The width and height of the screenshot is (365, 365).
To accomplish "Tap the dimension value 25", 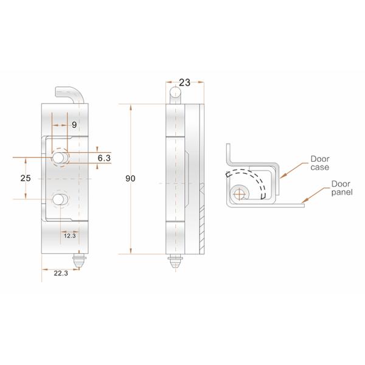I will [25, 178].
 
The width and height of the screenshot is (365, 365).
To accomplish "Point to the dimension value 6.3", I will [104, 158].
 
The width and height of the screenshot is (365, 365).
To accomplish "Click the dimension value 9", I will [74, 125].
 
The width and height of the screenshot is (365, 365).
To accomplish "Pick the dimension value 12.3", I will [69, 235].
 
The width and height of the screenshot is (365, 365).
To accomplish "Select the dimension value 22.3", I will [60, 274].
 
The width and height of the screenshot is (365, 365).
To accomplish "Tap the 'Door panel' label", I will [341, 187].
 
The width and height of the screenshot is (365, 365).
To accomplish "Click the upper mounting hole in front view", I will [60, 158].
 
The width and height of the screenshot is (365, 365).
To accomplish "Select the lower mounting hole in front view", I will [60, 200].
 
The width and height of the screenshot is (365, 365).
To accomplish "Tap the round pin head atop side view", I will [175, 93].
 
